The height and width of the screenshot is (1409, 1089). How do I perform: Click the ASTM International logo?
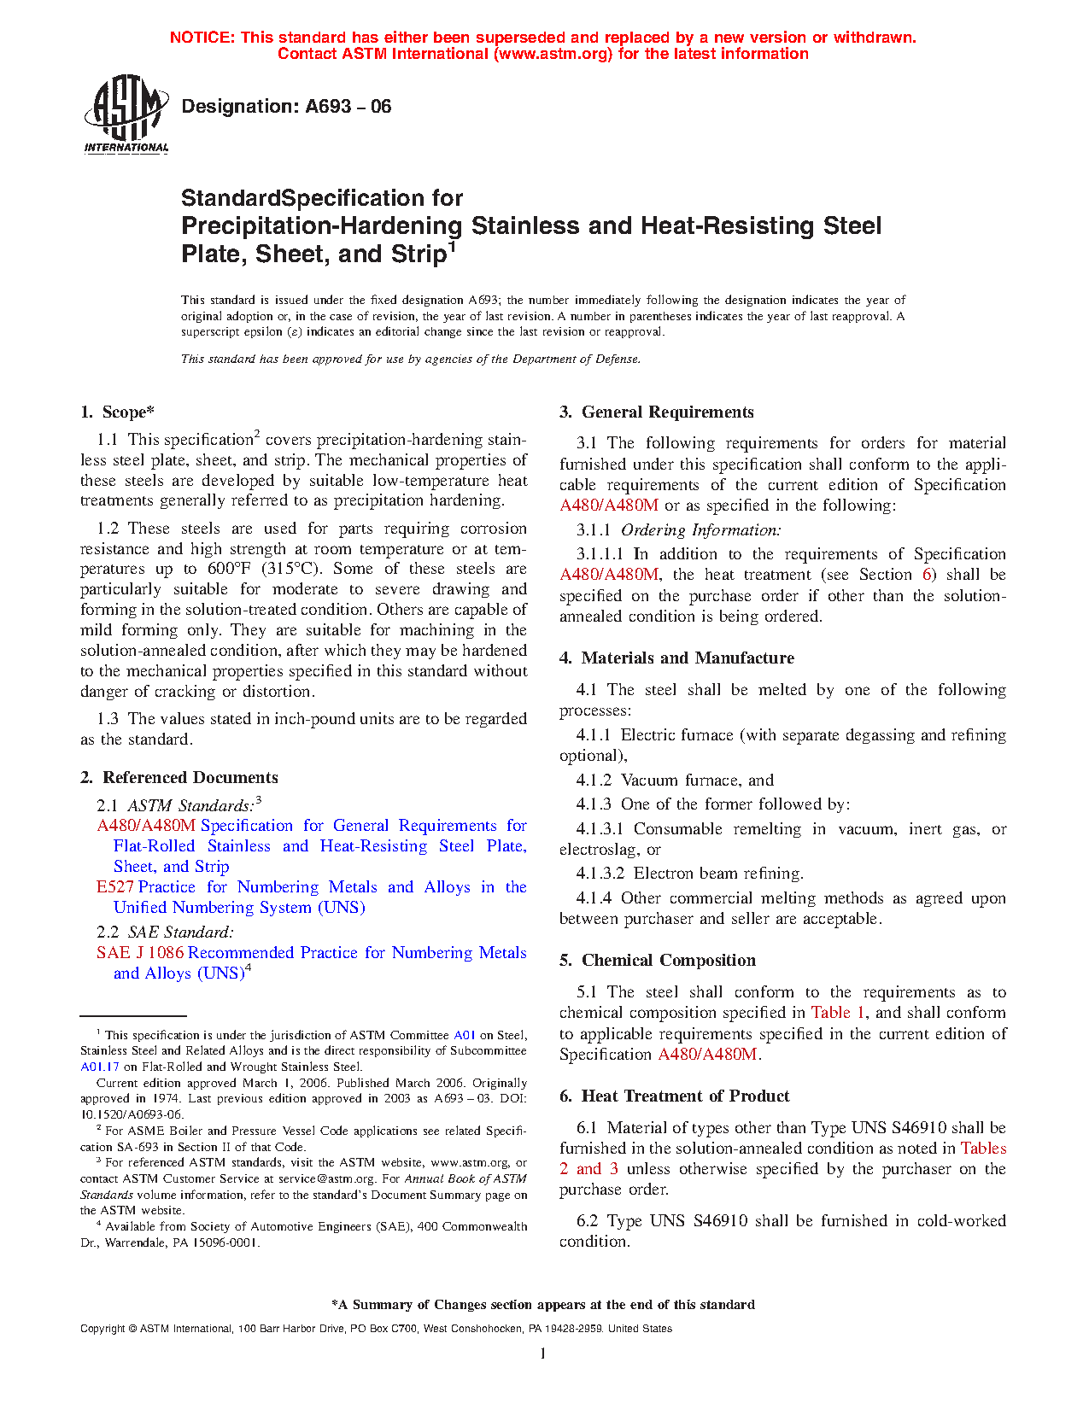(x=126, y=114)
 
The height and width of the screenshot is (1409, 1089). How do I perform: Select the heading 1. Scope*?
(x=118, y=412)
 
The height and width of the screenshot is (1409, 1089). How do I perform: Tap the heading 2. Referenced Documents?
(x=179, y=778)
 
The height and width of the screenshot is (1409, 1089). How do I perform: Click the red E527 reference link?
(x=115, y=887)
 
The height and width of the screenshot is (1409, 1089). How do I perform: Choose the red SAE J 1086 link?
(x=140, y=953)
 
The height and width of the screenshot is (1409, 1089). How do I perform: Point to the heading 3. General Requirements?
(x=656, y=412)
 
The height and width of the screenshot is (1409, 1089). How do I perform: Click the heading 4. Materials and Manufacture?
(x=676, y=658)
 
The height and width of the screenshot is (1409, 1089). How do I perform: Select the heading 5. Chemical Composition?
(x=657, y=961)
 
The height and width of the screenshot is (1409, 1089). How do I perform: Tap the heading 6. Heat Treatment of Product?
(x=674, y=1096)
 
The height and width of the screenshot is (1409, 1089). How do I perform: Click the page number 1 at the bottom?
(x=543, y=1353)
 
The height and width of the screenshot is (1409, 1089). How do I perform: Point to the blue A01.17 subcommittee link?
(x=100, y=1067)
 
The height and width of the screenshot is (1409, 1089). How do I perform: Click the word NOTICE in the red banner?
(x=202, y=38)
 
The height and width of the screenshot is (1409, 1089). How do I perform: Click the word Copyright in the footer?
(x=102, y=1329)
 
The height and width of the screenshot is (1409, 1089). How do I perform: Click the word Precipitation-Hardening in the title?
(x=321, y=226)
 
